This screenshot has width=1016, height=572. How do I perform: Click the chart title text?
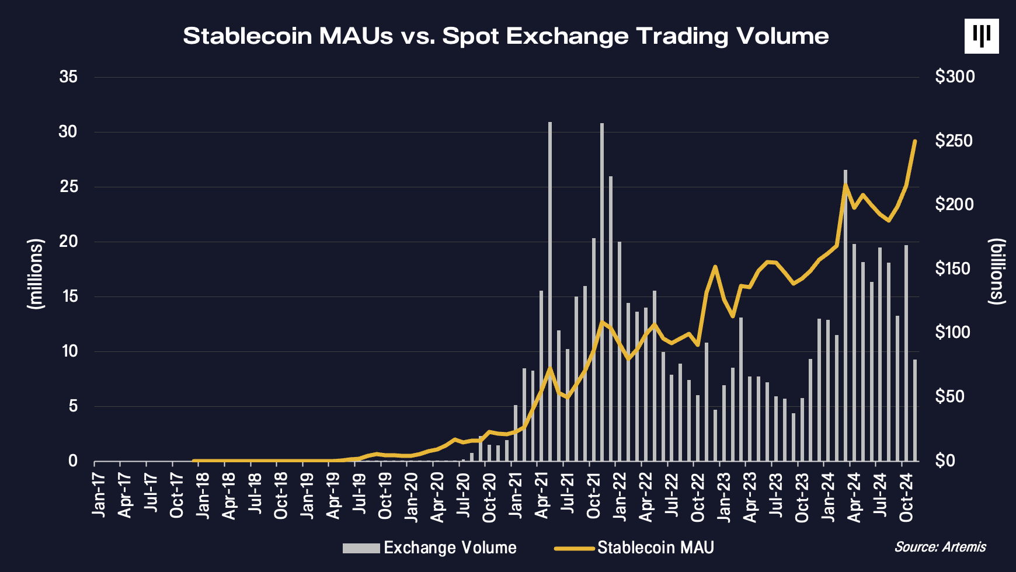[506, 36]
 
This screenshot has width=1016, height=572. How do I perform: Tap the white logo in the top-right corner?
[982, 36]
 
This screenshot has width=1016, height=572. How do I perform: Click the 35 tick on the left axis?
[68, 76]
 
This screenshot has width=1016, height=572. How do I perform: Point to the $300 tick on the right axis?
[955, 76]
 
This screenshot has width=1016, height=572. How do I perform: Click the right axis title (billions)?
[997, 271]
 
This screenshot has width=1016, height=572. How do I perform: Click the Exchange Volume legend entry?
[430, 547]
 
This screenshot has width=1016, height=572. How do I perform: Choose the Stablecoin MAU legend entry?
[635, 547]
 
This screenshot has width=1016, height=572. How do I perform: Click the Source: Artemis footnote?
[940, 547]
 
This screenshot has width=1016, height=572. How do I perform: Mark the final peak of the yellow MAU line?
[915, 141]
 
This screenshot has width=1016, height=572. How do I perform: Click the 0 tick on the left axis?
[72, 461]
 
